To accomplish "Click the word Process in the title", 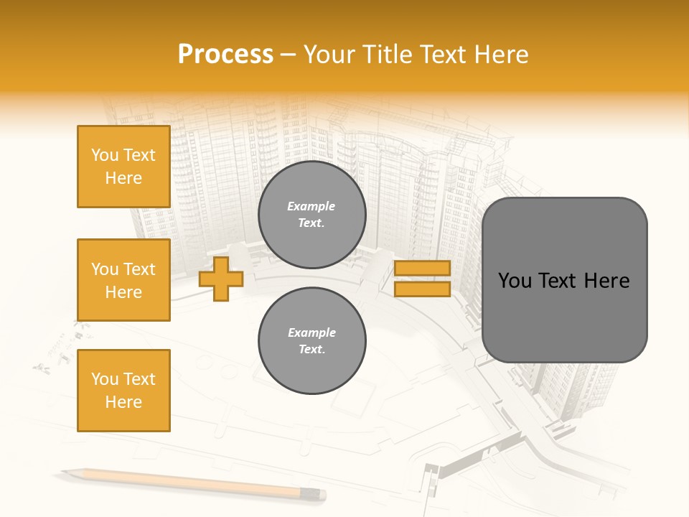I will tap(225, 55).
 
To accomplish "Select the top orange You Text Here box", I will tap(123, 167).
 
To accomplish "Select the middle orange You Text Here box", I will tap(123, 280).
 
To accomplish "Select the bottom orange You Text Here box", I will tap(123, 391).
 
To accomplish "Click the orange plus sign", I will tap(220, 279).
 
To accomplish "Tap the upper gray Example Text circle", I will tap(311, 215).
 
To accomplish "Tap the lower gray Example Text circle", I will tap(311, 341).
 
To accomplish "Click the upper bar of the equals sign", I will tap(422, 269).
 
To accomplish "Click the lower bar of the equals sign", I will tap(422, 289).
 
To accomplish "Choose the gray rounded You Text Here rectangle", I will tap(564, 280).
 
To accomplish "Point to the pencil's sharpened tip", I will tap(65, 472).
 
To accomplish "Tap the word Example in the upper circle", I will tap(311, 207).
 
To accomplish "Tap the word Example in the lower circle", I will tap(311, 333).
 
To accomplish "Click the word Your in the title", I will tap(327, 55).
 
